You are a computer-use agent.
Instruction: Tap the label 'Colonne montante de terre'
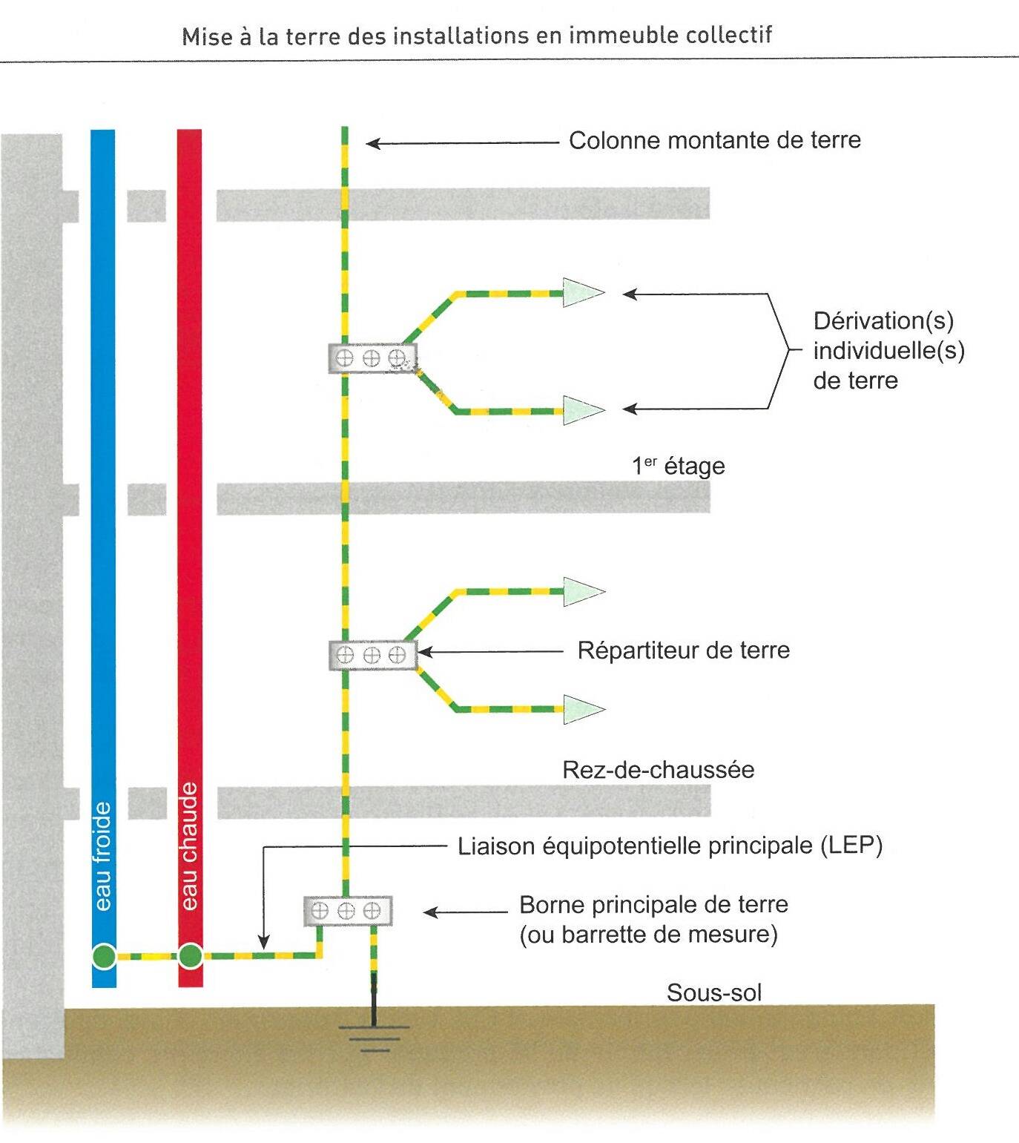[714, 140]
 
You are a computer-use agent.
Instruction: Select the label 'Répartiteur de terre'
[683, 650]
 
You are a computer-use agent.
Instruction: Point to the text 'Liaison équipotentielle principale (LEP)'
[670, 846]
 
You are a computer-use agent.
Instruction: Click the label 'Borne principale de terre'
[653, 905]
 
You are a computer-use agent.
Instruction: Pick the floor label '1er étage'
[678, 466]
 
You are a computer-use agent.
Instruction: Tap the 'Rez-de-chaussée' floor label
[658, 769]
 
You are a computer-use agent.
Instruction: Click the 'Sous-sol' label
[713, 992]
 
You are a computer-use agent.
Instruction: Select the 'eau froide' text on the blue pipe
[103, 856]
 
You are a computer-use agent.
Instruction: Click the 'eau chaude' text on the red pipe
[190, 846]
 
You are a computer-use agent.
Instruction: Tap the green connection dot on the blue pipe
[104, 956]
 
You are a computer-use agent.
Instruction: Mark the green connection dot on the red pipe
[191, 956]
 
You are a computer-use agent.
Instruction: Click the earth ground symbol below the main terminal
[374, 1035]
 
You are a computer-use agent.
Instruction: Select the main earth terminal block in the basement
[347, 911]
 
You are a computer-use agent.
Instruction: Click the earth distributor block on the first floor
[372, 358]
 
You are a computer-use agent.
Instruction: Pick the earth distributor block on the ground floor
[372, 654]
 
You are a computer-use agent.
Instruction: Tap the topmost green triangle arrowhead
[581, 292]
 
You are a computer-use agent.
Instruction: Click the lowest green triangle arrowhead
[581, 709]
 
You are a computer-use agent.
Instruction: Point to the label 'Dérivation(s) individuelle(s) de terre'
[888, 350]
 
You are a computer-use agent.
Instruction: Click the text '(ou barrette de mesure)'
[648, 935]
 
